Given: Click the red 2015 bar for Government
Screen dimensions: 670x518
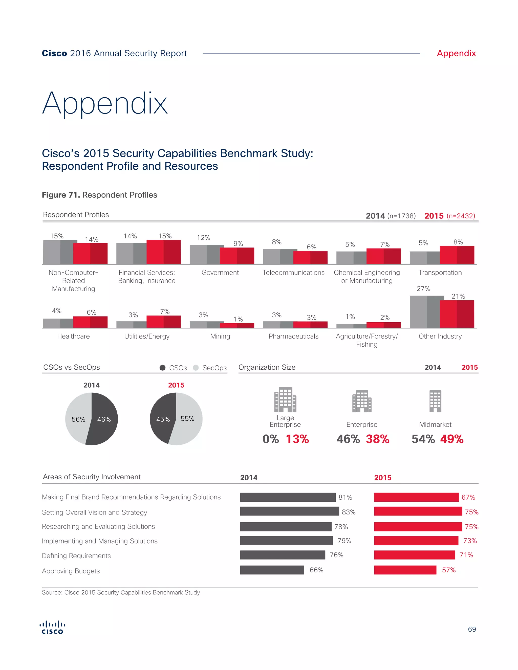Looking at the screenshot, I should click(x=237, y=256).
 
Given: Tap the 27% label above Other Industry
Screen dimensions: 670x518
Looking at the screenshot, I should click(x=423, y=289).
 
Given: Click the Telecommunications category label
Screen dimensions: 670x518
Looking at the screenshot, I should click(x=293, y=272).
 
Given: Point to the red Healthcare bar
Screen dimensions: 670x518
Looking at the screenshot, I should click(x=90, y=322).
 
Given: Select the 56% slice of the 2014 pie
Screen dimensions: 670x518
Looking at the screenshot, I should click(x=77, y=419).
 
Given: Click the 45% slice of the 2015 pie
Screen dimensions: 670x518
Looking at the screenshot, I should click(x=162, y=419).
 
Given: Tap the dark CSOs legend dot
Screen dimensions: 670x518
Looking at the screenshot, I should click(x=163, y=368).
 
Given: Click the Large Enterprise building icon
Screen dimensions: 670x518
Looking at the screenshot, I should click(x=285, y=399).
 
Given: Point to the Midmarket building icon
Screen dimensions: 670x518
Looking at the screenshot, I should click(x=435, y=401).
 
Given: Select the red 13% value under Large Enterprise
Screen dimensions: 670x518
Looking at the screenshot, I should click(x=297, y=439).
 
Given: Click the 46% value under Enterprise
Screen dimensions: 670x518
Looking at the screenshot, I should click(x=348, y=439).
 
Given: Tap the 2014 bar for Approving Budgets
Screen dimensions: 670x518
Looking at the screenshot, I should click(x=272, y=570).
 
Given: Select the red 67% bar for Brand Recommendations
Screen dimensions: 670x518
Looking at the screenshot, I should click(x=416, y=497).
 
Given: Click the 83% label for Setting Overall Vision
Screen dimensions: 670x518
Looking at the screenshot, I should click(x=349, y=512).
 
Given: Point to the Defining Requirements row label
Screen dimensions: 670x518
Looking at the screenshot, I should click(x=76, y=555).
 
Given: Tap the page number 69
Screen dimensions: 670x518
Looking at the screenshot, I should click(x=472, y=629).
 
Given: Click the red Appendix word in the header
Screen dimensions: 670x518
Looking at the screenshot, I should click(x=456, y=53).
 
